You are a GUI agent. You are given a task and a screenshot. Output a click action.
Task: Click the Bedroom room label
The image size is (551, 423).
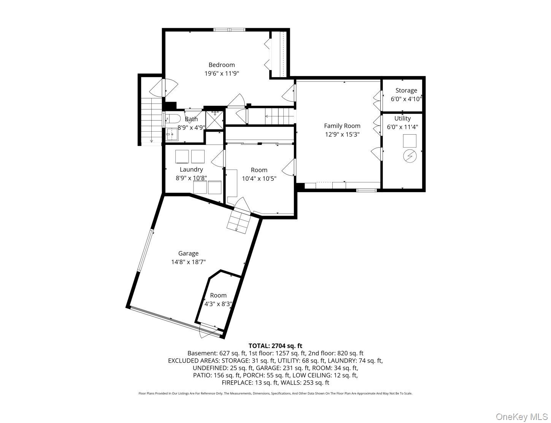[221, 65]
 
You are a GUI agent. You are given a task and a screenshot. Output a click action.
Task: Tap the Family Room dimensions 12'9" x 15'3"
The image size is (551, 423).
[342, 134]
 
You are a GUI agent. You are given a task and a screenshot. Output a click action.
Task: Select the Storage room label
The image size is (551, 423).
[406, 91]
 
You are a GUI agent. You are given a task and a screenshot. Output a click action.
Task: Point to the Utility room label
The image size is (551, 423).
[402, 118]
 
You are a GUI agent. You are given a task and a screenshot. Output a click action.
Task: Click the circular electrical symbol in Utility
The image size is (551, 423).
[410, 156]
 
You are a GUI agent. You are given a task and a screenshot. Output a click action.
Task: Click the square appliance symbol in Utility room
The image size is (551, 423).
[410, 142]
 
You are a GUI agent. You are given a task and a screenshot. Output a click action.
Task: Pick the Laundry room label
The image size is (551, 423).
[191, 169]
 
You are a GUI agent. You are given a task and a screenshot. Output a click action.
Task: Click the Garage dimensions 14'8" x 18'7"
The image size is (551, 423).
[188, 262]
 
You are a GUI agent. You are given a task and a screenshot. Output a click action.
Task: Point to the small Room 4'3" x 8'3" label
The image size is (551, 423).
[218, 295]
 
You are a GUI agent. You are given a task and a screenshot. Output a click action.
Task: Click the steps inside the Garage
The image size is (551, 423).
[239, 221]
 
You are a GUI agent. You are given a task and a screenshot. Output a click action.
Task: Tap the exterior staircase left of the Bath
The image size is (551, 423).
[151, 120]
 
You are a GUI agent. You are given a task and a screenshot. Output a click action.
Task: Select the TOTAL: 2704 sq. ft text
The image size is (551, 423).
[275, 346]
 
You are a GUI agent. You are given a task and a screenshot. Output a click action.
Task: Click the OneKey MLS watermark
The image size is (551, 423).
[522, 417]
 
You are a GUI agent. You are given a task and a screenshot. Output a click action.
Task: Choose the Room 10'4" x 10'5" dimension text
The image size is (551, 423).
[259, 178]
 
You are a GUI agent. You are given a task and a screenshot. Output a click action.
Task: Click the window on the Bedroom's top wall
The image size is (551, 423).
[229, 30]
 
